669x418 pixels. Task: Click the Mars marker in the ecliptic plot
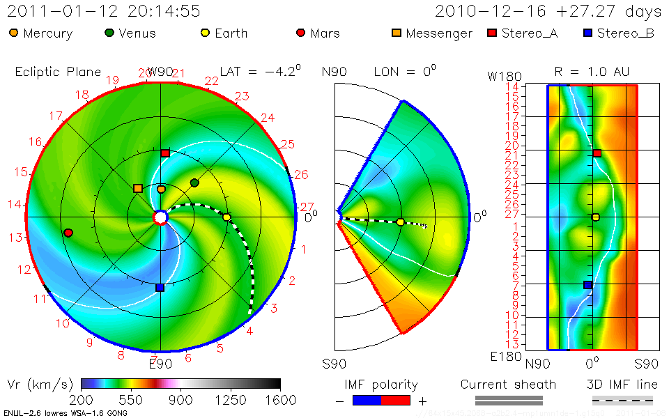tap(68, 233)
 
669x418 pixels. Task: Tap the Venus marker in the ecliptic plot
tap(194, 183)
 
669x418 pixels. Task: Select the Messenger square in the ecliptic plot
tap(138, 189)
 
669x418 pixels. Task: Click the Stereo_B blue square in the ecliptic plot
tap(160, 287)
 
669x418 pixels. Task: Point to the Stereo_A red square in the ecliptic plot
tap(165, 153)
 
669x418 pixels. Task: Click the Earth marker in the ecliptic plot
tap(226, 217)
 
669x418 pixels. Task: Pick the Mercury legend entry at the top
tap(41, 33)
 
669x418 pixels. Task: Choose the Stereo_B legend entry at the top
tap(619, 33)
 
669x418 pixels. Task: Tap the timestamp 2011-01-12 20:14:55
tap(104, 11)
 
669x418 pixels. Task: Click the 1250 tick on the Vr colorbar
tap(231, 400)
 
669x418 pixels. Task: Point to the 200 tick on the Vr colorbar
tap(82, 400)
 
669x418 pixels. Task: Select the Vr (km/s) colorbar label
tap(39, 385)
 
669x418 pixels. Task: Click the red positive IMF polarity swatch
tap(395, 400)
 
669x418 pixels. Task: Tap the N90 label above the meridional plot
tap(335, 71)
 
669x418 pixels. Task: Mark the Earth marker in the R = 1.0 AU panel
tap(595, 217)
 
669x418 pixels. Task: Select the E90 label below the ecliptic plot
tap(160, 363)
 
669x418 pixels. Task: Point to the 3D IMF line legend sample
tap(622, 400)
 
